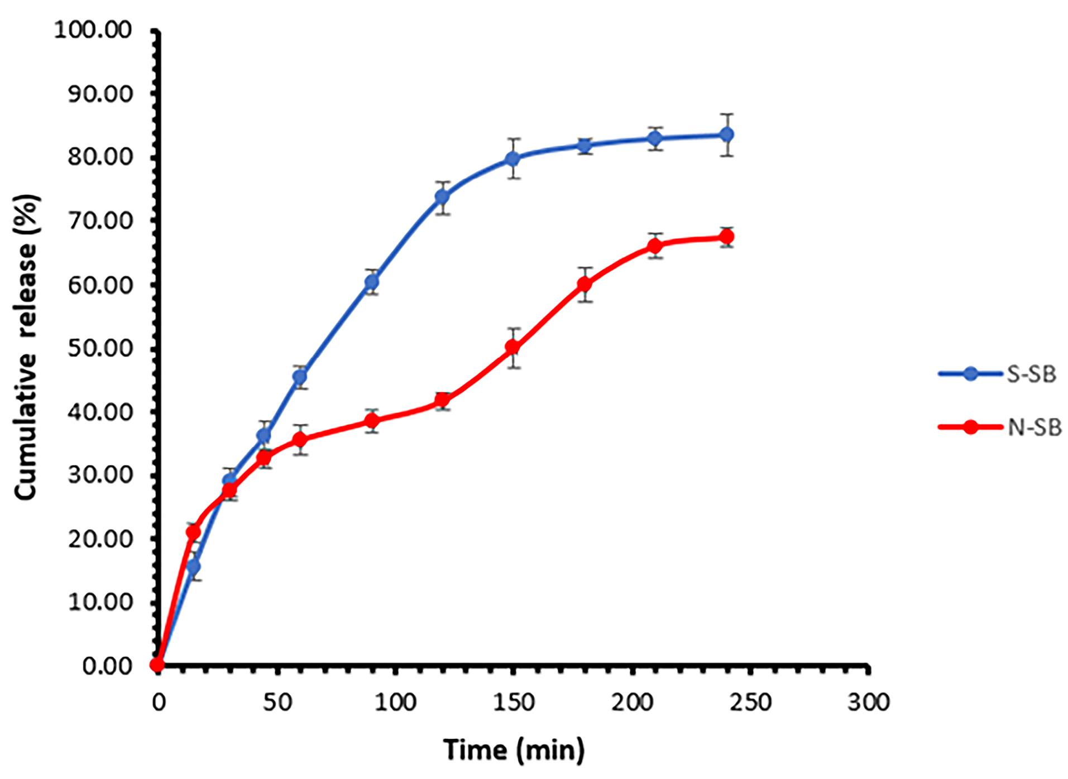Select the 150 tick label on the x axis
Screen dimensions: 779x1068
point(514,702)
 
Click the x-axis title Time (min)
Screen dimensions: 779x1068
point(514,749)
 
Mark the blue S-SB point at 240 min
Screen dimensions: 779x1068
point(726,134)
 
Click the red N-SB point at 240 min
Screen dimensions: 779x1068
point(726,237)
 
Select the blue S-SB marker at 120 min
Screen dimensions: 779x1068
point(443,196)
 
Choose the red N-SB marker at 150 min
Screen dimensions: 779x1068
point(513,347)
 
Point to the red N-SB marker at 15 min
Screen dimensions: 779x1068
point(193,532)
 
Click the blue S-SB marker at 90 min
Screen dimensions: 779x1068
point(372,282)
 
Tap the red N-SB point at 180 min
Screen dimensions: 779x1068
point(585,284)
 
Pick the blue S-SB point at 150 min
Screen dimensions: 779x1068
point(513,158)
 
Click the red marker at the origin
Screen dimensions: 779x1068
point(158,665)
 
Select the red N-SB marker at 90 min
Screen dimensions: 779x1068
point(372,420)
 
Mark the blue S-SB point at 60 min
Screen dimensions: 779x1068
point(300,377)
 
